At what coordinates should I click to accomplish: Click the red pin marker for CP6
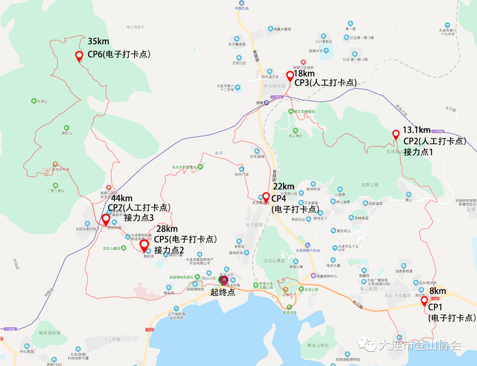79,56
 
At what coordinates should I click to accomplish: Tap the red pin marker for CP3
290,76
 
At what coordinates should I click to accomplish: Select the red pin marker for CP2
396,134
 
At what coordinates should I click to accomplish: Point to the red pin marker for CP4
266,197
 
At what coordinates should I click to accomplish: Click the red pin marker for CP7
106,219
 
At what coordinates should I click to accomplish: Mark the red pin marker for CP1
424,301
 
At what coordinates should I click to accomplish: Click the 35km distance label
98,41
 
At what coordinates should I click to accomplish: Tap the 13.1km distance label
416,131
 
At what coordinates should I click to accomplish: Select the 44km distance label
122,198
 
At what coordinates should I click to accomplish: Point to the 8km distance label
437,291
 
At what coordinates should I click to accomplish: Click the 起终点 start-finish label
223,292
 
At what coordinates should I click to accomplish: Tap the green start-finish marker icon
223,280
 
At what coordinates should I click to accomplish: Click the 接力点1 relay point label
419,152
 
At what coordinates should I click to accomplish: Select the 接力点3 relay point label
139,218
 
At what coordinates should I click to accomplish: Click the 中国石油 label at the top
242,8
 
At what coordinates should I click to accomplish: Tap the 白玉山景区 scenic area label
275,261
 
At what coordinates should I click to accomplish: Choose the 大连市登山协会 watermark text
420,345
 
